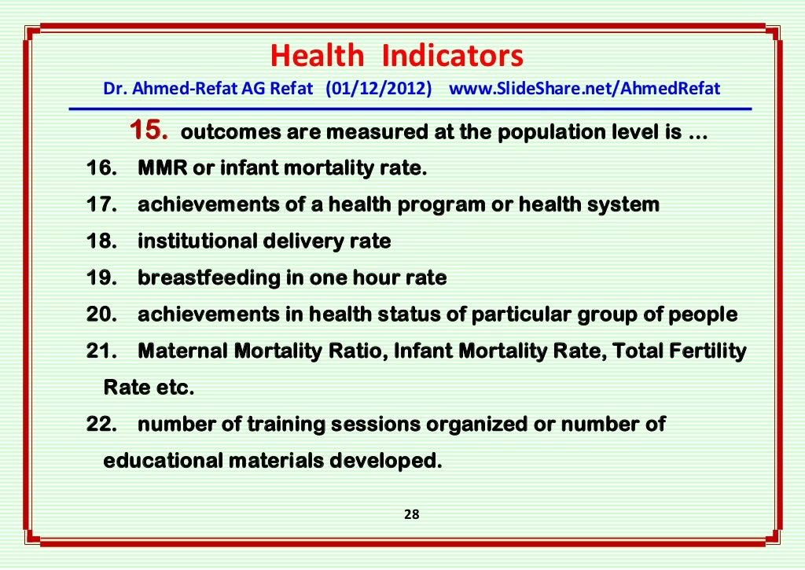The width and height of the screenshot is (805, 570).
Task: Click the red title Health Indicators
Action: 396,57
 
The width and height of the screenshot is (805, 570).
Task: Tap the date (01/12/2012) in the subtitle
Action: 379,88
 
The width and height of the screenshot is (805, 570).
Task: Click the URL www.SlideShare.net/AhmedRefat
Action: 584,88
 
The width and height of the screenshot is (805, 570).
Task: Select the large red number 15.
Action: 149,131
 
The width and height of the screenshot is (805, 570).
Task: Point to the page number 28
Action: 411,515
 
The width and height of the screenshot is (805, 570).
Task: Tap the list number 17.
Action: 101,205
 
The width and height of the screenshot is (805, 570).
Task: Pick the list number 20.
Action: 101,315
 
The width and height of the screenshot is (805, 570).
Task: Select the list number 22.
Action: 101,425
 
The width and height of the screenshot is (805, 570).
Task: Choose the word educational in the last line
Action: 163,462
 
